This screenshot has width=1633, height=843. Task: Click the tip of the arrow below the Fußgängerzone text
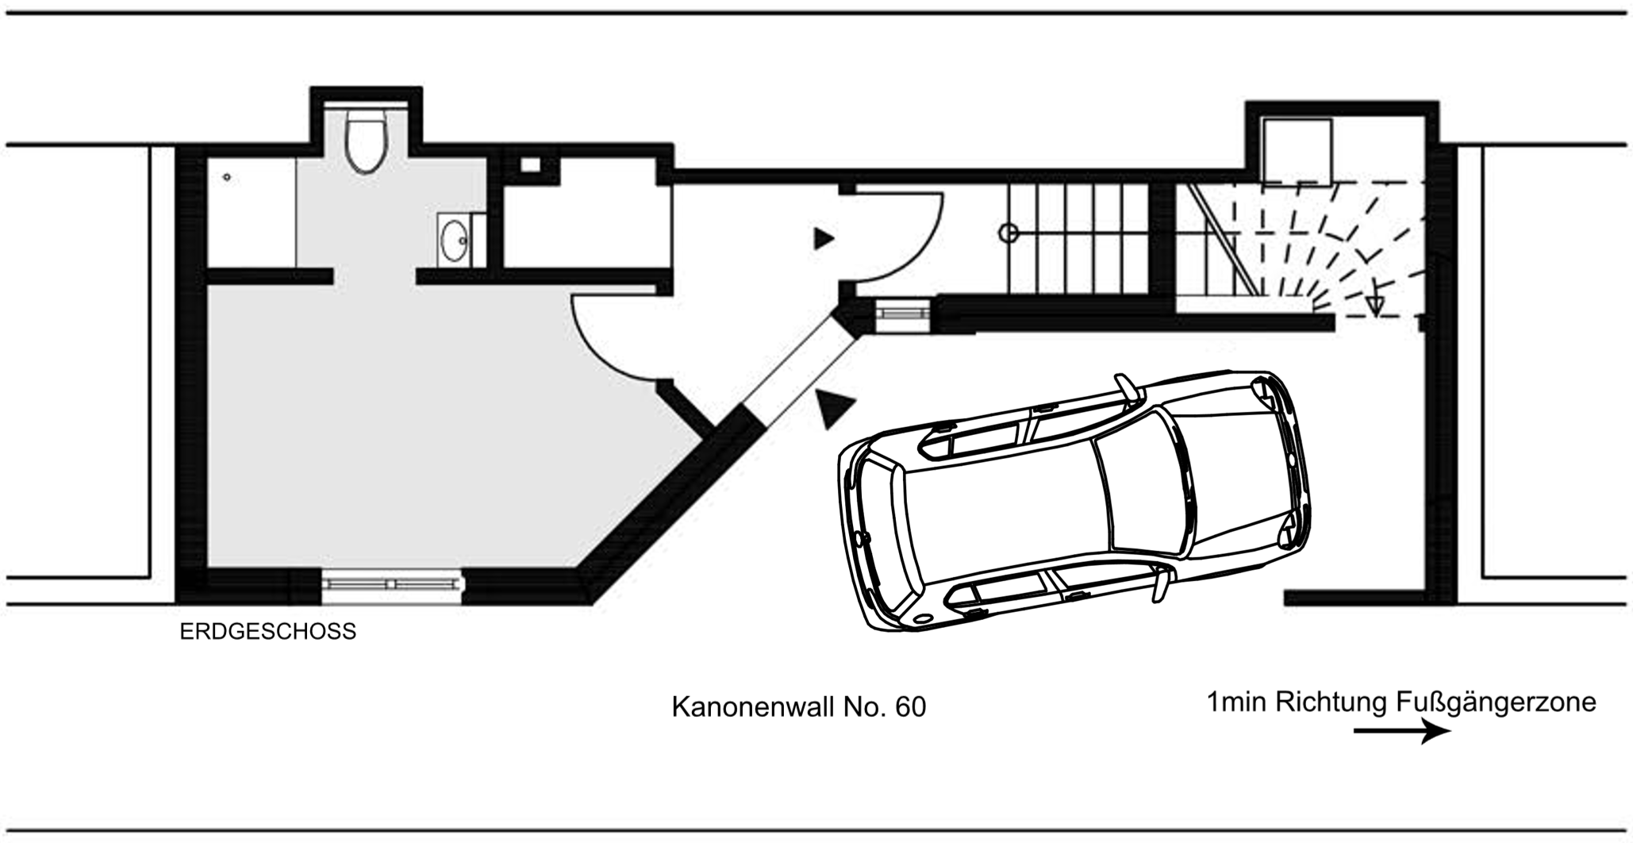click(x=1450, y=731)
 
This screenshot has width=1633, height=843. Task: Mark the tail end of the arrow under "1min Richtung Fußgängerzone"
click(x=1354, y=731)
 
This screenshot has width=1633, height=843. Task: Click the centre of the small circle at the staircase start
click(x=1009, y=233)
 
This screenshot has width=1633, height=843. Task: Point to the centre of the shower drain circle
click(x=227, y=177)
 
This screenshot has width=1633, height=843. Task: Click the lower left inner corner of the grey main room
click(x=208, y=568)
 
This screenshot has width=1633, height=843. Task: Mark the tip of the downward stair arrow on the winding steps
click(x=1375, y=315)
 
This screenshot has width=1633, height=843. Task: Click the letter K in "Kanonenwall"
click(x=680, y=706)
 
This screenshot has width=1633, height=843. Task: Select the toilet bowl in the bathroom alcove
click(x=366, y=142)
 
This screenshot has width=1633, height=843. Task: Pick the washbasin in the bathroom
click(x=455, y=240)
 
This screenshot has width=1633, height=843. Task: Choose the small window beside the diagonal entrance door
click(x=903, y=314)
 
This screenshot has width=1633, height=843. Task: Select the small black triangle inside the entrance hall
click(x=823, y=238)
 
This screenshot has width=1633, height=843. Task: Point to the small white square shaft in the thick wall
click(x=530, y=165)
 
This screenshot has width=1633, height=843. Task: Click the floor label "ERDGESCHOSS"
click(x=268, y=632)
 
